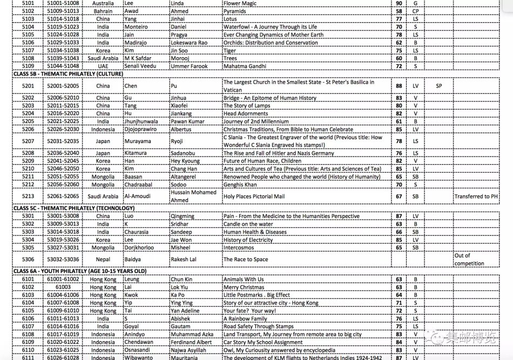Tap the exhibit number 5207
click(x=28, y=141)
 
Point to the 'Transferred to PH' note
click(x=476, y=196)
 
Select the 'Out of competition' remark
click(x=469, y=260)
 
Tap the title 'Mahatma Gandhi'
click(x=245, y=66)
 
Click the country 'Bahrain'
click(x=103, y=11)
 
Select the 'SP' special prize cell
click(x=438, y=86)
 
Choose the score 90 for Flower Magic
click(x=399, y=3)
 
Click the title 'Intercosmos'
click(x=239, y=248)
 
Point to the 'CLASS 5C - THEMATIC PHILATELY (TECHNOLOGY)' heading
click(x=74, y=208)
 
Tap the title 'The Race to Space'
click(x=246, y=260)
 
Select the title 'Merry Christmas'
click(x=244, y=287)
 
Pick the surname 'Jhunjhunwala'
click(x=141, y=121)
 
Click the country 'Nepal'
click(x=103, y=260)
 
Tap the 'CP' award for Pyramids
click(x=415, y=11)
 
